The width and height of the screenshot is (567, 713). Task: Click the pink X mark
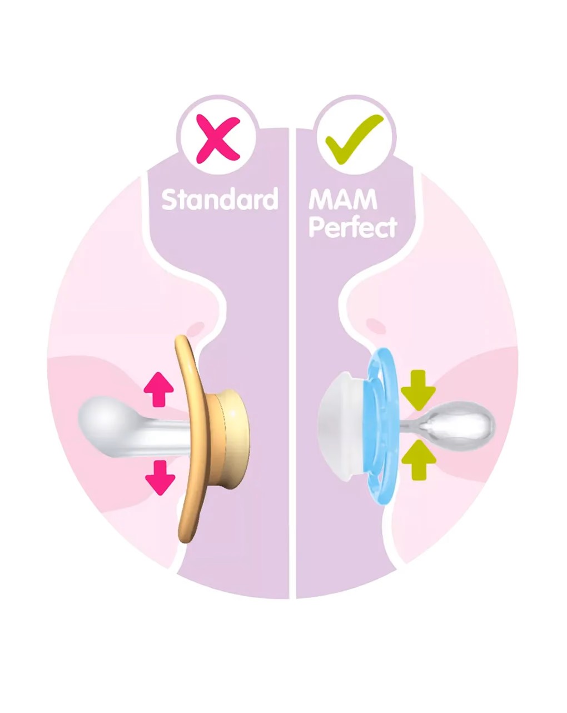[x=217, y=139]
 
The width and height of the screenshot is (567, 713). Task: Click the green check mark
[x=354, y=139]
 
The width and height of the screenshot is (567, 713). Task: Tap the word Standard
[x=220, y=199]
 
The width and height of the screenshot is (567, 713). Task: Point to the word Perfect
[x=353, y=227]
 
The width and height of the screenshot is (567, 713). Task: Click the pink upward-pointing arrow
[x=158, y=389]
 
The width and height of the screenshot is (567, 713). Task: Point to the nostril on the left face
[x=196, y=328]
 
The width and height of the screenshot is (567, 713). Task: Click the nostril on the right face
[x=375, y=326]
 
